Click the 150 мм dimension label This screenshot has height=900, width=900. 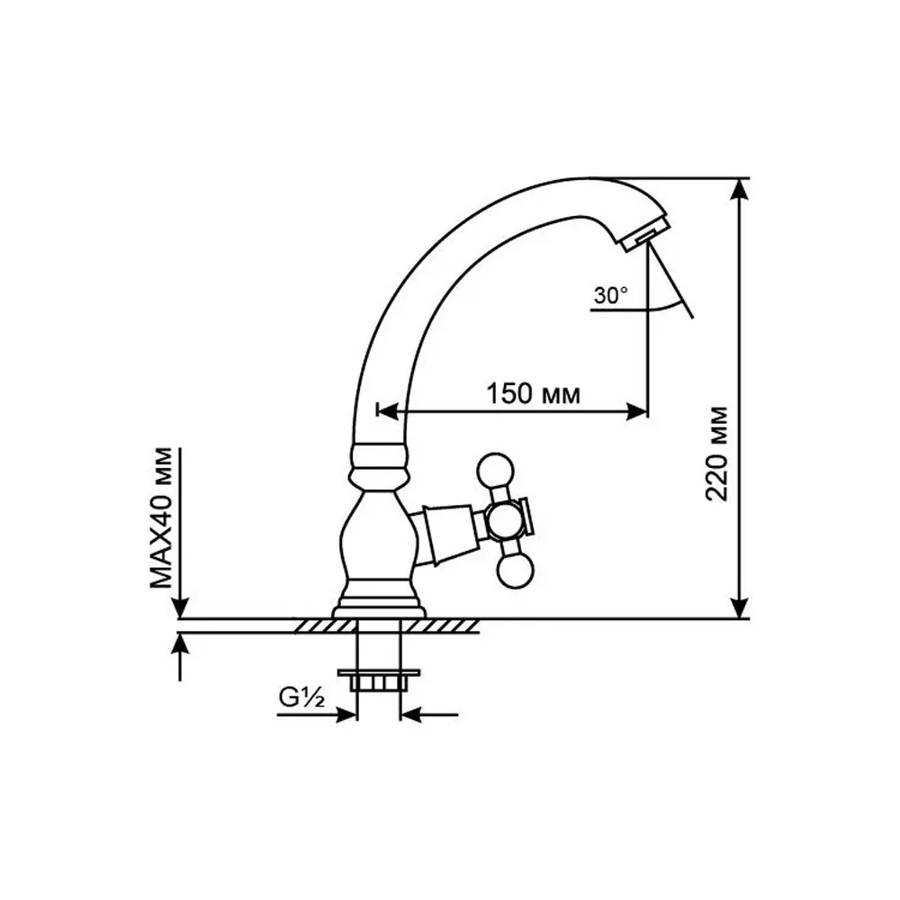tap(532, 393)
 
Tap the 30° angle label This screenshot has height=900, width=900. tap(611, 295)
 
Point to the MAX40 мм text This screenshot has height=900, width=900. tap(161, 517)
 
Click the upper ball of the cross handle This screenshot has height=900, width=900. tap(495, 469)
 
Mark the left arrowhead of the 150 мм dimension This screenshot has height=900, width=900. tap(385, 412)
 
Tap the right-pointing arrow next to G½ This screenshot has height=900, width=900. tap(346, 715)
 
